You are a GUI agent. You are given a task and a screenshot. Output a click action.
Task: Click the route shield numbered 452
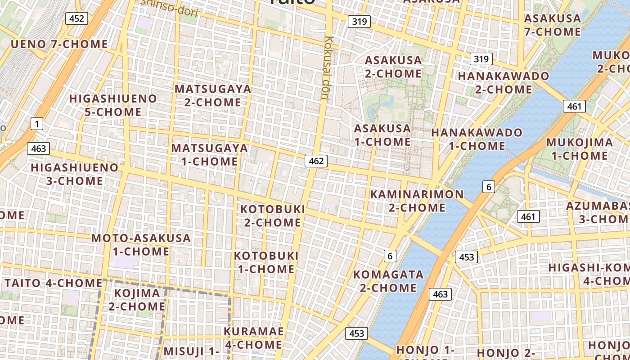[x=76, y=18]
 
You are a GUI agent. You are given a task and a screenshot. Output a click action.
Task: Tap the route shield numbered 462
[x=316, y=161]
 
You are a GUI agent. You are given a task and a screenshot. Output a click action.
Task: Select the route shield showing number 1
[x=37, y=124]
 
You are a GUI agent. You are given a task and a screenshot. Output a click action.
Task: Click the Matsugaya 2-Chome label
[x=213, y=95]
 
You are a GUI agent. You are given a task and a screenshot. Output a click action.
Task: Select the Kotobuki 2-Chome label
[x=273, y=216]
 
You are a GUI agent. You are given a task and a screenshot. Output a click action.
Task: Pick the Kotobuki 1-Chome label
[x=266, y=262]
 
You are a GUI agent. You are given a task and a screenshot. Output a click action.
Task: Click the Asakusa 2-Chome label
[x=393, y=67]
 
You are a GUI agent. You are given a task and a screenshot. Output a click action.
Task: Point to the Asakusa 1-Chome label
[x=382, y=135]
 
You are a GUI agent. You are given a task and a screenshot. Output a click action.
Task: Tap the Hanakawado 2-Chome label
[x=504, y=82]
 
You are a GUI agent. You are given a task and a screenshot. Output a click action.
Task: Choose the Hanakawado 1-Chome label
[x=477, y=139]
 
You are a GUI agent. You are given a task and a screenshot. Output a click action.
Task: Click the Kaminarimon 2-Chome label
[x=417, y=201]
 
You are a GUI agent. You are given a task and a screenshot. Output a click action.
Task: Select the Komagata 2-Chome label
[x=388, y=281]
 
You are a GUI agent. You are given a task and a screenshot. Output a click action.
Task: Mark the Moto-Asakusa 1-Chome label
[x=141, y=244]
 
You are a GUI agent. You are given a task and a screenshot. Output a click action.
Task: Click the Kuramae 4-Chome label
[x=254, y=338]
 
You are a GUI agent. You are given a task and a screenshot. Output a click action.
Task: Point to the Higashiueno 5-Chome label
[x=113, y=105]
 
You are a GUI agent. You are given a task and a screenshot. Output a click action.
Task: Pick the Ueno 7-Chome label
[x=59, y=44]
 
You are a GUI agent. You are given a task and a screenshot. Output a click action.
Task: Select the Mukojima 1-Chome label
[x=579, y=149]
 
